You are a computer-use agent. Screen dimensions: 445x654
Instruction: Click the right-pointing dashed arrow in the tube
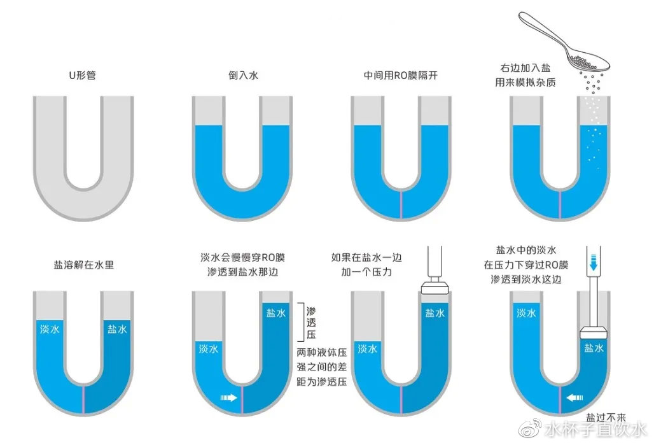(x=228, y=398)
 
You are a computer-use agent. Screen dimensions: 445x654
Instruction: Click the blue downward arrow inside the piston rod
(x=594, y=263)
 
